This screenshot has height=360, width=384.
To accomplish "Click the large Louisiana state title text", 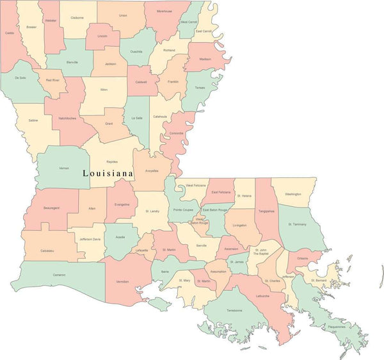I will tap(108, 174).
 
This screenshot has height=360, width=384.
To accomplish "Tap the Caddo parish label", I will tap(9, 32).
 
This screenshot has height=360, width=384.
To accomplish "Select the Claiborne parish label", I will tap(77, 18).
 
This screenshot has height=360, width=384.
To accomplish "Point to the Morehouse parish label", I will tap(164, 12).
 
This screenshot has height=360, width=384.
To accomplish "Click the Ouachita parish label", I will tap(136, 51).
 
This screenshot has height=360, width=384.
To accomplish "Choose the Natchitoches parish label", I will tap(67, 119).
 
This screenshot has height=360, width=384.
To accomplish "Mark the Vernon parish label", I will tap(64, 168).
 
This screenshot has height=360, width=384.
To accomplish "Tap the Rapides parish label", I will tap(113, 162).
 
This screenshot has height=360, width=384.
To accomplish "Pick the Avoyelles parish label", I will tap(152, 171).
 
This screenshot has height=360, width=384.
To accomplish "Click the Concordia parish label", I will tap(176, 133).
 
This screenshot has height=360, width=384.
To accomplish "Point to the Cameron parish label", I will tap(59, 274).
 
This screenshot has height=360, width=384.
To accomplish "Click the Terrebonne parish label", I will tap(234, 311).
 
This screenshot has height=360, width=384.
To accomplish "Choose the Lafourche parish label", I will tap(262, 296).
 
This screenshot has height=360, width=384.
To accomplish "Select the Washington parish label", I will tap(293, 193).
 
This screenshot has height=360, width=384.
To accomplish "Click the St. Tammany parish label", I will tap(298, 224).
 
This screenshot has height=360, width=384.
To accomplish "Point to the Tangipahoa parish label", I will tap(266, 211).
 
